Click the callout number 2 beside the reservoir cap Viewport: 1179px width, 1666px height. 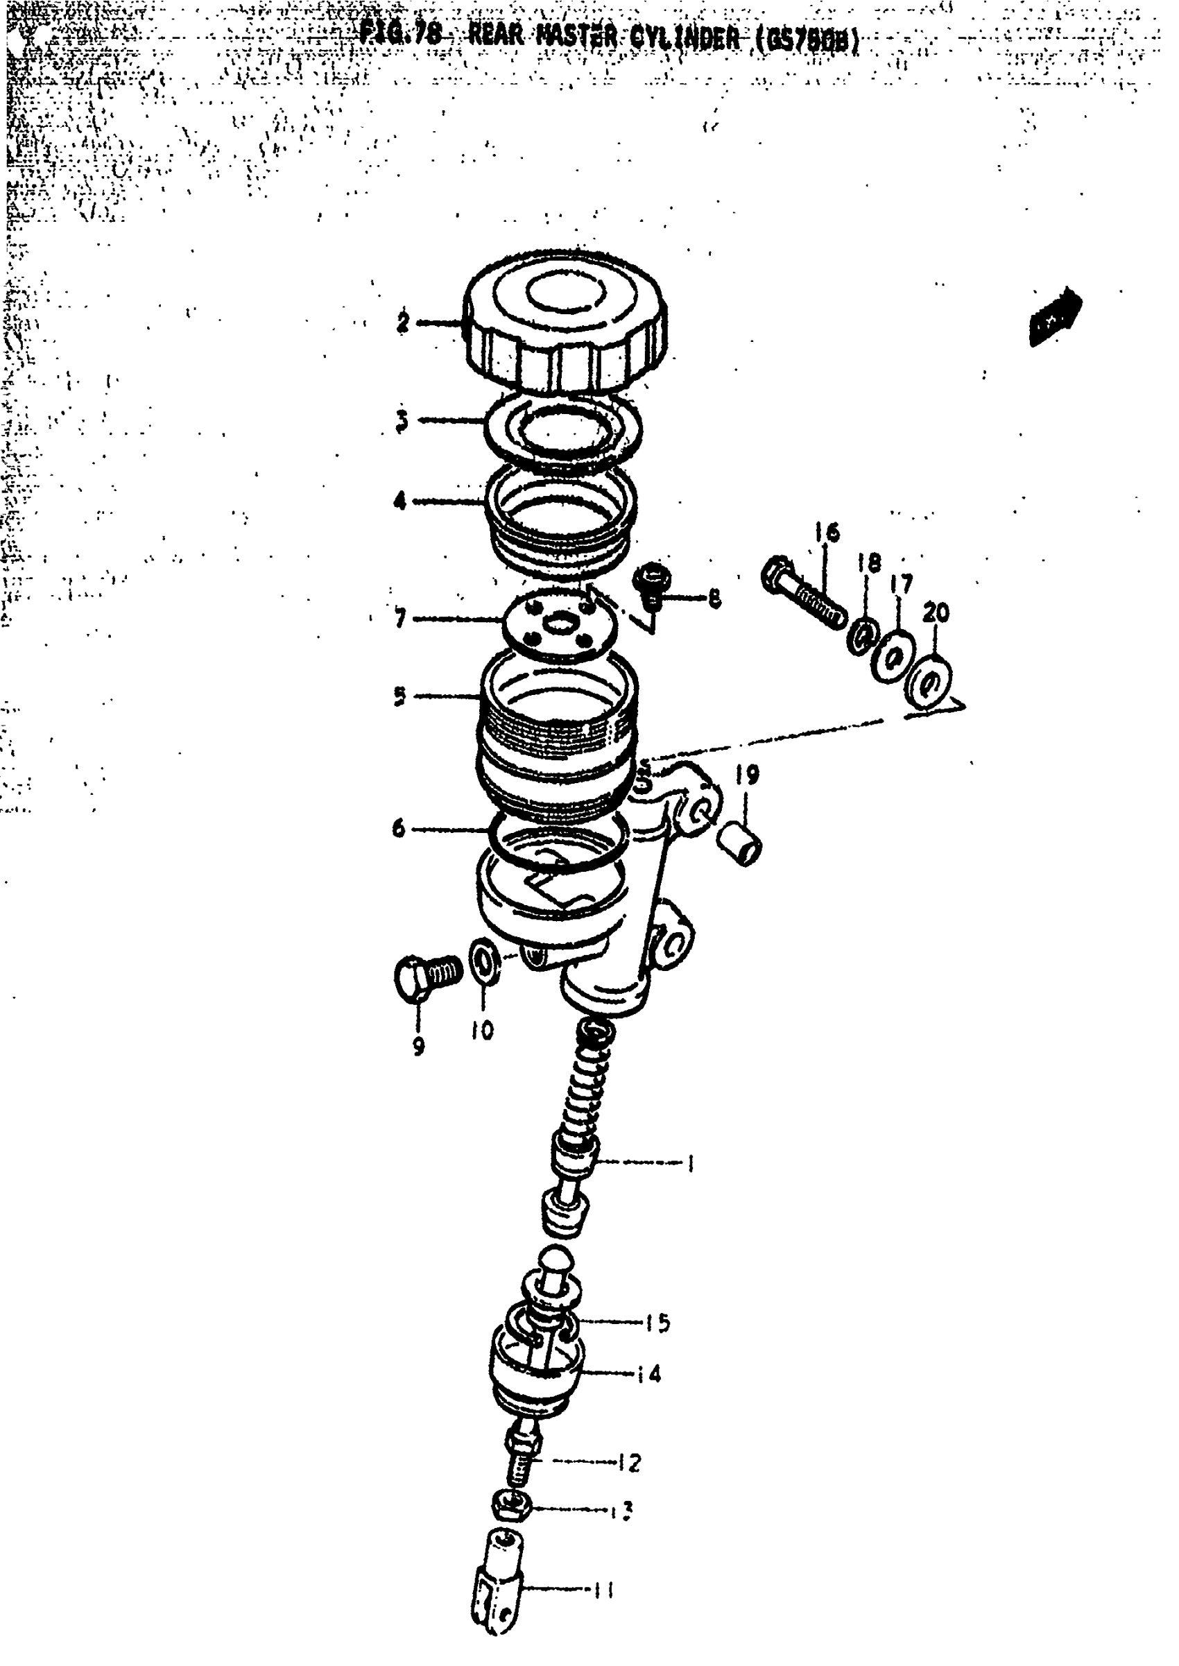tap(403, 322)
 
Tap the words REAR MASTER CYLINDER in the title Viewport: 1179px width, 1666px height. tap(602, 36)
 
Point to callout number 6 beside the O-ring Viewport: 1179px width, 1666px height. tap(399, 828)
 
